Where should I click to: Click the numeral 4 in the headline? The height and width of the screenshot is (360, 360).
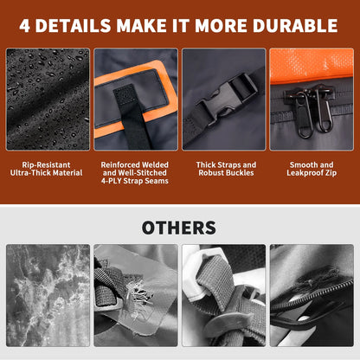(24, 25)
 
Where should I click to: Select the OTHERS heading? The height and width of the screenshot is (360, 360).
(179, 228)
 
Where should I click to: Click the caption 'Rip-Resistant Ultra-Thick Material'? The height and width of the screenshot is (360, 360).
(46, 169)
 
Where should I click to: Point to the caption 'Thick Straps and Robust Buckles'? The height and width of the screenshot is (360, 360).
(226, 169)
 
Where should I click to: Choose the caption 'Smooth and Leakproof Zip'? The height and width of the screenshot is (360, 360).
(312, 169)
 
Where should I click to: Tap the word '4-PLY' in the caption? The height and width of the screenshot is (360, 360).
(112, 181)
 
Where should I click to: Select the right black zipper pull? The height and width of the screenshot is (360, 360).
(324, 111)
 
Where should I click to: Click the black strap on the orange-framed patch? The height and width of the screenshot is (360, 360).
(132, 115)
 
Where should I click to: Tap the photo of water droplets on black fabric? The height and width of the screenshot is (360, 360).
(48, 100)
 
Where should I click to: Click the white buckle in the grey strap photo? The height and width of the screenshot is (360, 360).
(202, 271)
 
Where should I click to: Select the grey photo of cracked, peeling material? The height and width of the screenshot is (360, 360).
(48, 295)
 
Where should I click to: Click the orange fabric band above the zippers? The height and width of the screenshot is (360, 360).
(312, 66)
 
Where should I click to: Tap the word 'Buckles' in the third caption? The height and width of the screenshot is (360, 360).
(241, 173)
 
